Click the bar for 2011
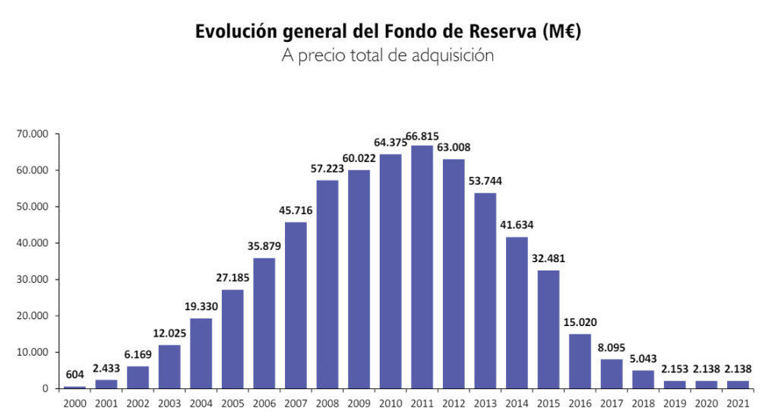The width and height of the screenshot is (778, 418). click(x=422, y=267)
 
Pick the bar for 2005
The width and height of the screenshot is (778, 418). click(x=232, y=339)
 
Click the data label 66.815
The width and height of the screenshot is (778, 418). click(x=422, y=136)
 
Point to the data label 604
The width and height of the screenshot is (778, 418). click(x=74, y=375)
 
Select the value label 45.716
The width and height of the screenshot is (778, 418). click(x=296, y=210)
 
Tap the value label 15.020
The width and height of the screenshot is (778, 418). click(x=580, y=322)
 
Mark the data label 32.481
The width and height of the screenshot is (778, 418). click(x=549, y=258)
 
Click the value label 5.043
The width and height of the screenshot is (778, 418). click(x=643, y=359)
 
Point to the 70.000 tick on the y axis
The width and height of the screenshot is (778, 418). click(x=32, y=134)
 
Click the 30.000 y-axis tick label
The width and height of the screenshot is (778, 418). click(x=32, y=279)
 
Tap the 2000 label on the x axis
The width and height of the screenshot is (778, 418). click(x=74, y=404)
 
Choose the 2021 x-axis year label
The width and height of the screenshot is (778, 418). click(x=737, y=404)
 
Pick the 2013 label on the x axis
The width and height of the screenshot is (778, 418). click(x=485, y=404)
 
